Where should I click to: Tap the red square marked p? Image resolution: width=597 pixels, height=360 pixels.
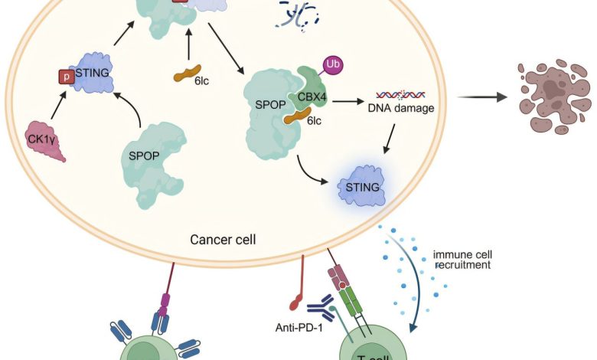[64, 77]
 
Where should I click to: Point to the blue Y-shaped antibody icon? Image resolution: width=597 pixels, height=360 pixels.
[316, 309]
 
